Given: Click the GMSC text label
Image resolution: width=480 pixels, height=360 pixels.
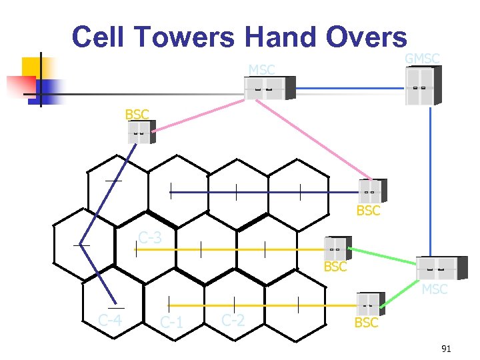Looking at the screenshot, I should click(422, 59).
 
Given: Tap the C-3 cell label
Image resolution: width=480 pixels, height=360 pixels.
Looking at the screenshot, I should click(149, 237).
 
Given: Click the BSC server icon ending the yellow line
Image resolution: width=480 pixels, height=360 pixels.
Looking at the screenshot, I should click(338, 248).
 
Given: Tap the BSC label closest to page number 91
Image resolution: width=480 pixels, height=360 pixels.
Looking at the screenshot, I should click(366, 323).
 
